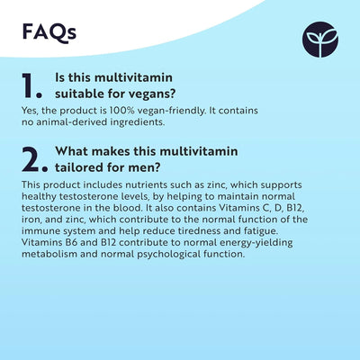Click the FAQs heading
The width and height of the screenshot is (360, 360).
pos(49,32)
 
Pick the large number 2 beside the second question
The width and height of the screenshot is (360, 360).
pos(33,158)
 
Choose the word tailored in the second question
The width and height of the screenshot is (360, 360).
pos(80,166)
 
